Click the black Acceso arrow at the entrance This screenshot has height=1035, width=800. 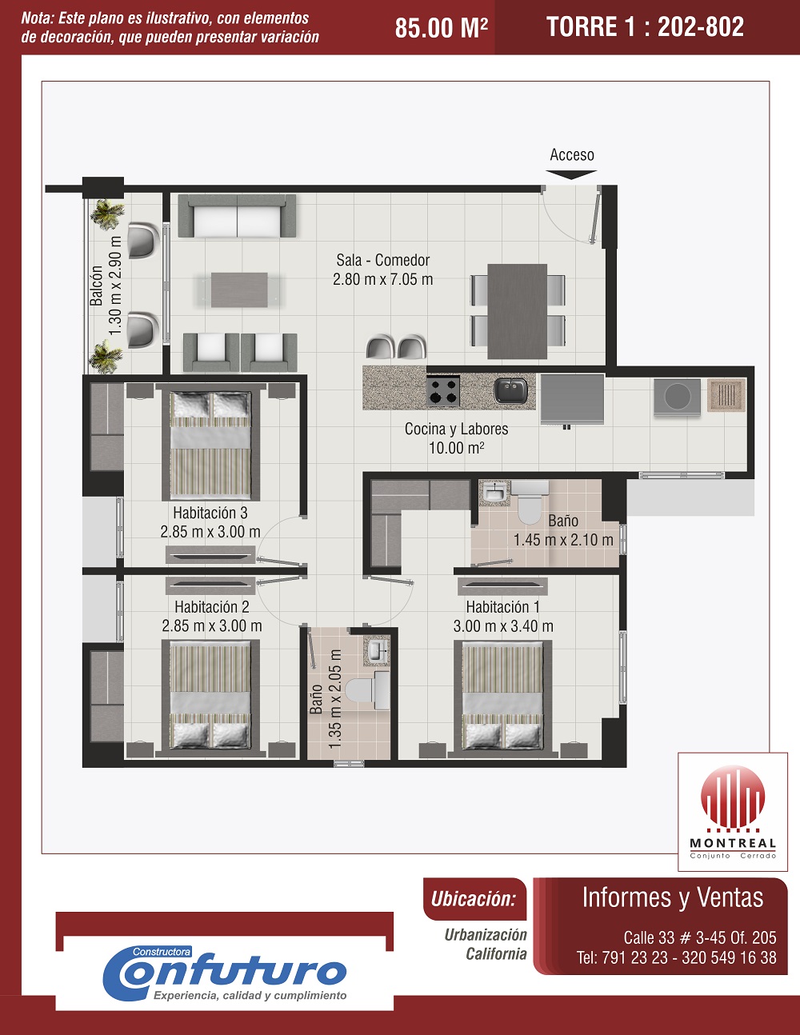coord(571,175)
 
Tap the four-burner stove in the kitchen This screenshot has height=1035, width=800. coord(443,390)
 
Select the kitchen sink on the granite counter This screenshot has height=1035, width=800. coord(510,390)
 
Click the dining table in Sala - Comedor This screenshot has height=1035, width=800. coord(517,311)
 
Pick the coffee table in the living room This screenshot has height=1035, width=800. coord(239,290)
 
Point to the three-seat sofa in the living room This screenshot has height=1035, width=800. coord(237,216)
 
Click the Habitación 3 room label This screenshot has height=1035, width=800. coord(210,513)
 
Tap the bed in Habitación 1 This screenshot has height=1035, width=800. coord(503,698)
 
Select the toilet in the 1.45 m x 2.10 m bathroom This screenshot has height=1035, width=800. coord(529,502)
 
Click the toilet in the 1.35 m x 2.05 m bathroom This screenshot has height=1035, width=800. coord(367,690)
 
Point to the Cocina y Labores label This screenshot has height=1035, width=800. coord(456,430)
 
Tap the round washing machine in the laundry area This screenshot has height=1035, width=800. coord(677,396)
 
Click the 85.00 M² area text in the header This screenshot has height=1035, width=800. coord(442,28)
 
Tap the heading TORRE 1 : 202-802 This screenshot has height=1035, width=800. coord(646,26)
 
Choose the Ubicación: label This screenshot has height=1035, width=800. coord(474,899)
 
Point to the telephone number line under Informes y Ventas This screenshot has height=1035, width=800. coord(677,957)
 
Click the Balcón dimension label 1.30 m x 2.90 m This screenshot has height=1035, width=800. coord(115,286)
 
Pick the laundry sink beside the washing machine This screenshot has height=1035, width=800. coord(726,395)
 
